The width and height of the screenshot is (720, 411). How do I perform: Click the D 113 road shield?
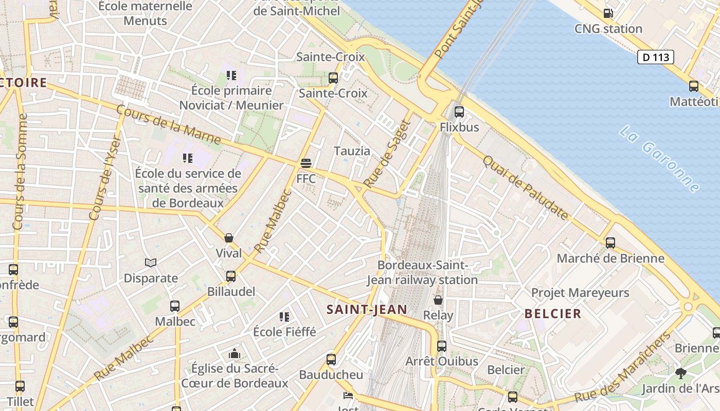[x=656, y=57]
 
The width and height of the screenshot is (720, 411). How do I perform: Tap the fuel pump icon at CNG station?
[x=608, y=14]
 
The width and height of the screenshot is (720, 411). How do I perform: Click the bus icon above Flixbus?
[x=459, y=111]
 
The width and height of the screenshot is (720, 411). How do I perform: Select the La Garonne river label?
[x=659, y=159]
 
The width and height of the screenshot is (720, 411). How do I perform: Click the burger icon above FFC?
[x=306, y=163]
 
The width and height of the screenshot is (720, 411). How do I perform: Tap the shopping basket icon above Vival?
[x=229, y=238]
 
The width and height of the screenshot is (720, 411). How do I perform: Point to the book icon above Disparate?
[x=151, y=263]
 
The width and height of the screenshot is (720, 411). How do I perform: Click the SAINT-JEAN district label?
[x=367, y=309]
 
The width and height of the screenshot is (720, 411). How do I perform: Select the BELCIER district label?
[x=553, y=313]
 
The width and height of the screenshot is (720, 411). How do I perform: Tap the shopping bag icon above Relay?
[x=438, y=300]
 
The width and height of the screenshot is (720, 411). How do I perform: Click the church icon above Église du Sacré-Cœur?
[x=235, y=353]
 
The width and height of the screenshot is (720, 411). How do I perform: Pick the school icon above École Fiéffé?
[x=284, y=316]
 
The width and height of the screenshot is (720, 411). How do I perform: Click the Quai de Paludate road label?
[x=525, y=188]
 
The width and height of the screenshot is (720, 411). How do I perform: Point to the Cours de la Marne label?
[x=169, y=125]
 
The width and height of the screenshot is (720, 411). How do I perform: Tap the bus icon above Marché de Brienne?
[x=610, y=242]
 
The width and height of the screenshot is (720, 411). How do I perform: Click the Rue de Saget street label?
[x=388, y=153]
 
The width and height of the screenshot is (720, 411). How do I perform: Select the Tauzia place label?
[x=352, y=151]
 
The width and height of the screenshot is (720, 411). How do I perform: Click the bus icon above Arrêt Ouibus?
[x=442, y=346]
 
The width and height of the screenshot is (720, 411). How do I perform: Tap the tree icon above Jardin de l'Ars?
[x=681, y=373]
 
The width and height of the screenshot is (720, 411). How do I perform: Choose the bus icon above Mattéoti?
[x=694, y=86]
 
